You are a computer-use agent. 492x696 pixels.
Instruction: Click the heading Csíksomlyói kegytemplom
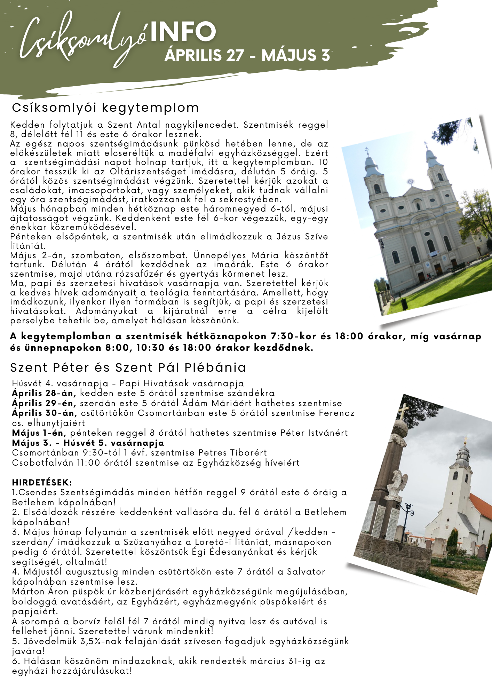click(105, 108)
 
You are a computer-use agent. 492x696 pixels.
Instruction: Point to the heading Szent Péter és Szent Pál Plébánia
click(128, 367)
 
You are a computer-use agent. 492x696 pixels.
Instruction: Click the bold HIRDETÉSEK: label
click(42, 483)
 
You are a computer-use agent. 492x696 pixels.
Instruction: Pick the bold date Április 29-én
click(44, 403)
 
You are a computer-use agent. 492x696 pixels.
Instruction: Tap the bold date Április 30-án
click(44, 413)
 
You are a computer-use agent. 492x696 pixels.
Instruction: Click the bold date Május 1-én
click(39, 433)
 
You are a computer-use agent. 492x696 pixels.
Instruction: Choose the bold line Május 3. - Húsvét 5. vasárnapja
click(88, 443)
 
